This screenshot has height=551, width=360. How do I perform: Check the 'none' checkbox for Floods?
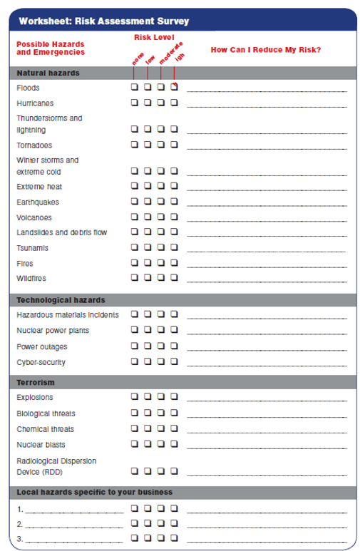point(134,88)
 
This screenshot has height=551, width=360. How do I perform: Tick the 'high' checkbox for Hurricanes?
point(174,103)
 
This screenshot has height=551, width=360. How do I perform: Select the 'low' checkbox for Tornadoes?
point(148,145)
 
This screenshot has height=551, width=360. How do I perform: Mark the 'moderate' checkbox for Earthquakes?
point(161,202)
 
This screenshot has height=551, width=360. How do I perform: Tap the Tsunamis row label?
point(32,248)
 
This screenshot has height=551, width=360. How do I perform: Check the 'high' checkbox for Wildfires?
point(174,278)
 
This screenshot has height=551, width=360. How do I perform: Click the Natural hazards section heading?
point(48,73)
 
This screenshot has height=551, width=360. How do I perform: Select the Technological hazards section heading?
point(61,299)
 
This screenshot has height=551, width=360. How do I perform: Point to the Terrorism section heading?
point(36,383)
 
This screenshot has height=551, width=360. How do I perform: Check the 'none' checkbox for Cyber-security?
point(134,361)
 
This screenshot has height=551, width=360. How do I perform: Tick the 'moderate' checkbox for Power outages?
point(161,346)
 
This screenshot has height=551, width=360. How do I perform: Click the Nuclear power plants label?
point(53,331)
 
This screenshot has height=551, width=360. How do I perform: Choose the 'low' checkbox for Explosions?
point(148,397)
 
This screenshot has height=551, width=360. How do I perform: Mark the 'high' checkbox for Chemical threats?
point(174,429)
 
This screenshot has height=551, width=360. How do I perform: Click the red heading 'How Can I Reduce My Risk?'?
point(265,49)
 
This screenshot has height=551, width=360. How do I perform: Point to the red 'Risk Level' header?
point(155,37)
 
